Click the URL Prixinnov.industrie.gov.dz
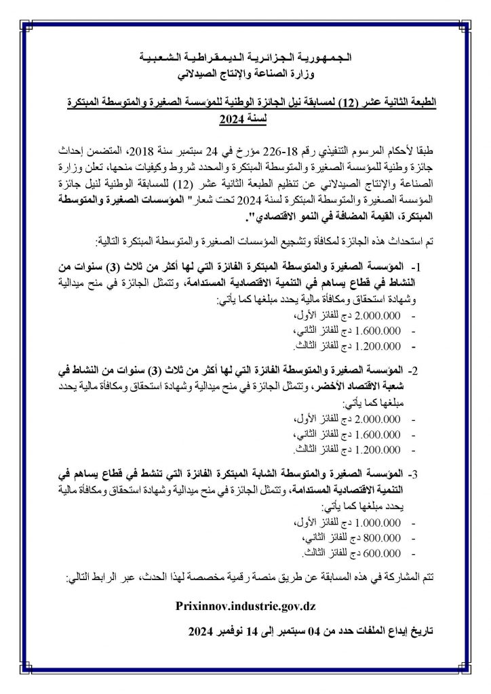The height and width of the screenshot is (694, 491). [x=245, y=605]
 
